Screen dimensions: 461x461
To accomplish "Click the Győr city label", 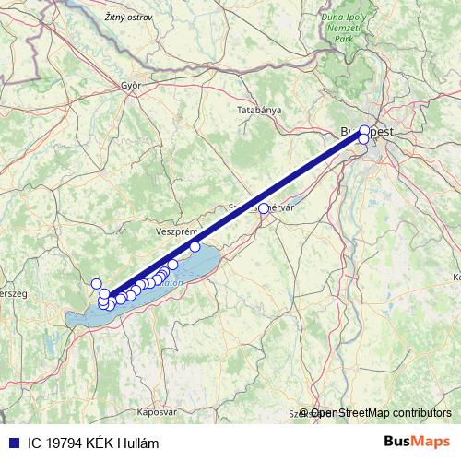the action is coord(129,85).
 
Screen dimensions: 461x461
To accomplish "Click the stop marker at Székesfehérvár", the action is coord(264,208).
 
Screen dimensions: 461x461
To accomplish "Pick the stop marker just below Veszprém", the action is coord(195,246).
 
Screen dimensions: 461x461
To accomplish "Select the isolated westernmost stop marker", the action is coord(96,283).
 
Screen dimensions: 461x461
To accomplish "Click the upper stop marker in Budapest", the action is coord(365,130).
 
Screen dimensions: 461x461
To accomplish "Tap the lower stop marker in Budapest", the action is coord(363,139).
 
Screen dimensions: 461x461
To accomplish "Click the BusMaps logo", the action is coord(418,441).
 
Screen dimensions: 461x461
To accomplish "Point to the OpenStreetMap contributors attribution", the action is coord(381,412).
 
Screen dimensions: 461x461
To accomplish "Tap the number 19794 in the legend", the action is coord(62,442).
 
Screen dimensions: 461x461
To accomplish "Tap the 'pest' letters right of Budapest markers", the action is coord(382,132).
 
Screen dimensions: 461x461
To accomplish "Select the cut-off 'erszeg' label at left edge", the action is coord(13,292).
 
